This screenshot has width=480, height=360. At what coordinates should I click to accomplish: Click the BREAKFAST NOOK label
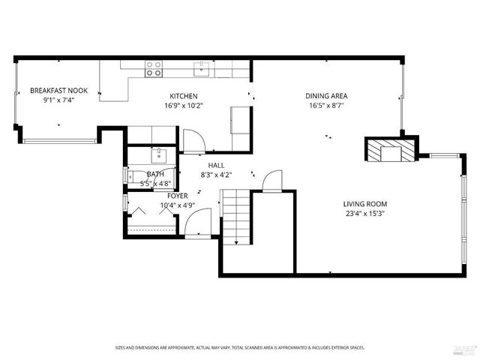(x=58, y=91)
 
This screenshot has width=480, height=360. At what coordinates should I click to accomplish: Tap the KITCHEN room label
(x=183, y=96)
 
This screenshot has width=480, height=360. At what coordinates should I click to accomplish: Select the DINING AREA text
(x=326, y=96)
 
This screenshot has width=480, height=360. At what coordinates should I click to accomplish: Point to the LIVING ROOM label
(x=365, y=204)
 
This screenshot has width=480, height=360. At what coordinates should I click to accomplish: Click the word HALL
(x=216, y=166)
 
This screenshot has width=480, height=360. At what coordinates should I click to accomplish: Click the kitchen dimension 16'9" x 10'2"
(x=183, y=106)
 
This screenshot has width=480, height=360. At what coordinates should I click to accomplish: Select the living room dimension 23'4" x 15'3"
(x=365, y=213)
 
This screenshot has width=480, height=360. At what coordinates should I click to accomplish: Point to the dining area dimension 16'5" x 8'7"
(x=326, y=106)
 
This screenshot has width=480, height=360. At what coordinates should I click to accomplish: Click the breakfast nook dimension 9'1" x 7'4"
(x=58, y=100)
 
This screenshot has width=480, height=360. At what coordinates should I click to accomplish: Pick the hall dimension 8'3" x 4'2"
(x=216, y=175)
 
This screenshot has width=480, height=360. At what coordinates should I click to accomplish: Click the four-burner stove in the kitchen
(x=154, y=69)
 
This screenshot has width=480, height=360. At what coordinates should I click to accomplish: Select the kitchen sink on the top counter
(x=200, y=70)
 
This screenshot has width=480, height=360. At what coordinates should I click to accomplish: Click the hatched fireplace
(x=389, y=150)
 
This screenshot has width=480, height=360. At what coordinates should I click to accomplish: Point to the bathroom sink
(x=158, y=155)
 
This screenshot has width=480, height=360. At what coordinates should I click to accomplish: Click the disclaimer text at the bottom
(x=239, y=347)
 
